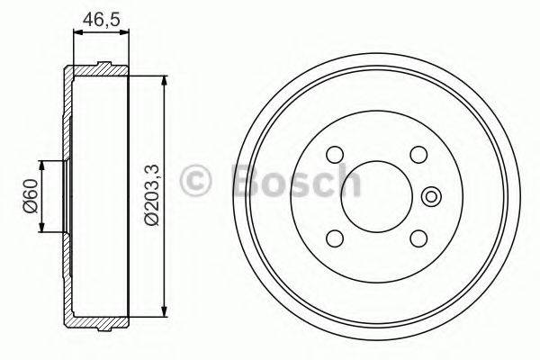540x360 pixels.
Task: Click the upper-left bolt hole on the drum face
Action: pyautogui.click(x=334, y=153)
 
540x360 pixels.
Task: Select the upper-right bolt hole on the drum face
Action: pyautogui.click(x=418, y=153)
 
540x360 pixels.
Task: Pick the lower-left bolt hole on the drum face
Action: pyautogui.click(x=334, y=238)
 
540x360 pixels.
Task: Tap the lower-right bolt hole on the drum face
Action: pyautogui.click(x=418, y=238)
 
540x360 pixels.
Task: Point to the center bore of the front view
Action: pyautogui.click(x=376, y=195)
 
